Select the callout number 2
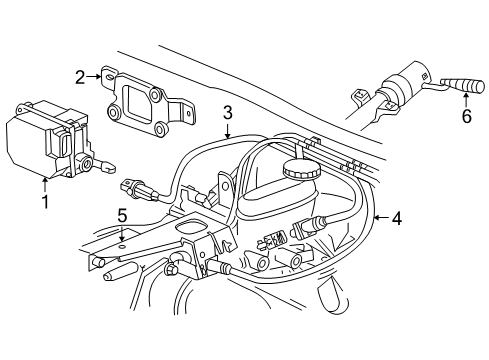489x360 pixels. pyautogui.click(x=80, y=75)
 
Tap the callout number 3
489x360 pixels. pyautogui.click(x=228, y=112)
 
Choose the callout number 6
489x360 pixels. pyautogui.click(x=466, y=116)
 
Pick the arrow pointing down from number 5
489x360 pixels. pyautogui.click(x=122, y=232)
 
